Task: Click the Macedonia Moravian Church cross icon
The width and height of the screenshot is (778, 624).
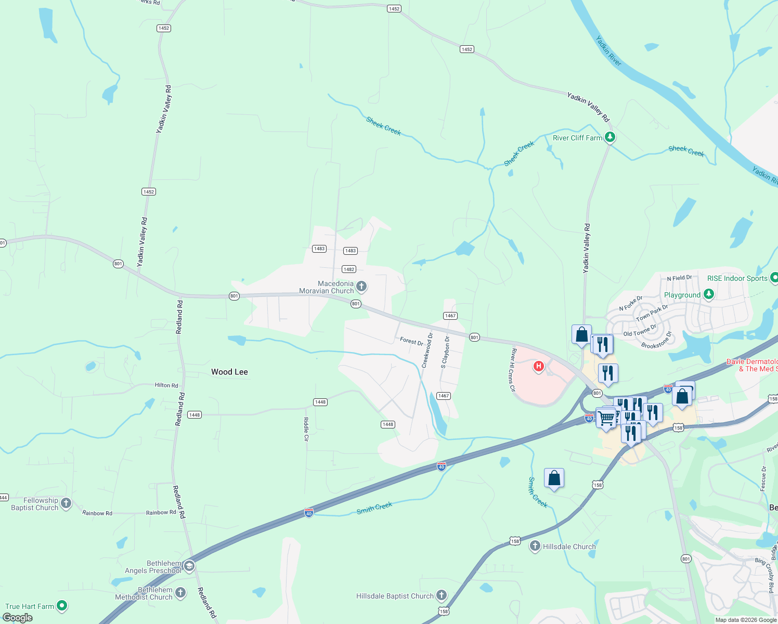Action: point(361,287)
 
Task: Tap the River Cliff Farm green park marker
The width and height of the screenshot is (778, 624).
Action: point(610,138)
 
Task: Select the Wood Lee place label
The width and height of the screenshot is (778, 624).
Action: point(229,372)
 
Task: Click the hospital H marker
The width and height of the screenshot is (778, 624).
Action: point(539,367)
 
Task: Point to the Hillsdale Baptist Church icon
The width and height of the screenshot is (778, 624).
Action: point(441,595)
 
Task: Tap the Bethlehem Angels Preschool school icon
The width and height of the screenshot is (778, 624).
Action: point(189,566)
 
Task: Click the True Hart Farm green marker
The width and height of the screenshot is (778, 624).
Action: point(62,606)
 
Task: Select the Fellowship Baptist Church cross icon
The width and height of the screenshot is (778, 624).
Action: point(66,503)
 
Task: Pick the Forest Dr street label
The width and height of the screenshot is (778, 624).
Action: point(411,342)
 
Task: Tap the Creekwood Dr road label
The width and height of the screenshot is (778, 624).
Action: point(427,350)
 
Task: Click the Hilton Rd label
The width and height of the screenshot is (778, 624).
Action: point(166,385)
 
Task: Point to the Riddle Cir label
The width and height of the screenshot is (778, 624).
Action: point(306,429)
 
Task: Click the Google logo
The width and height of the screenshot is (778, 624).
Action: point(18,618)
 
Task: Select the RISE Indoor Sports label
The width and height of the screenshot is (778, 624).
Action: point(737,278)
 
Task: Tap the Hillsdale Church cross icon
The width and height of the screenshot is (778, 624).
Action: point(535,546)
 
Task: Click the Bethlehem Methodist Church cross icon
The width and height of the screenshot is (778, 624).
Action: point(180,593)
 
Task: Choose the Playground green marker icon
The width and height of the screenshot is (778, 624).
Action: point(708,294)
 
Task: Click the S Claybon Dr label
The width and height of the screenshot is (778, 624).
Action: point(445,352)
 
